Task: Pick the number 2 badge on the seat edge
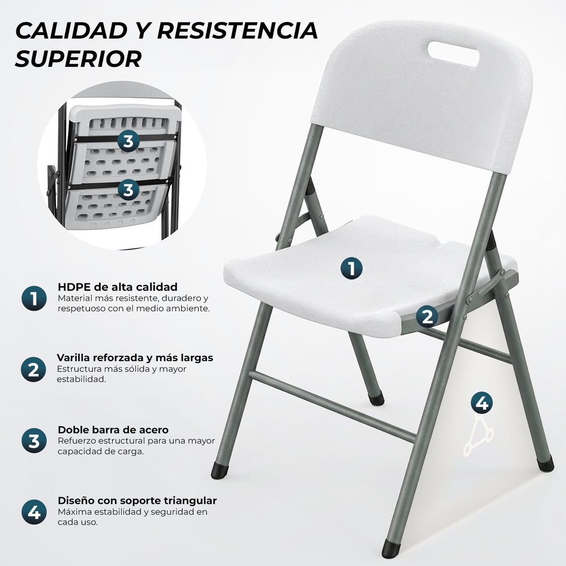pyautogui.click(x=427, y=316)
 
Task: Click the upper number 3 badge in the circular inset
pyautogui.click(x=128, y=141)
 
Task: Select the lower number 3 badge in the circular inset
pyautogui.click(x=128, y=189)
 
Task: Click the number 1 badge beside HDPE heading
pyautogui.click(x=34, y=298)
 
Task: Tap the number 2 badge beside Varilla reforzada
pyautogui.click(x=34, y=370)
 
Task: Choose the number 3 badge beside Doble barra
pyautogui.click(x=34, y=441)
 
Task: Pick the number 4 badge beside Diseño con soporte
pyautogui.click(x=34, y=513)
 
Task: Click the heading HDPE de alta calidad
pyautogui.click(x=117, y=286)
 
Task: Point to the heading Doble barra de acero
pyautogui.click(x=113, y=430)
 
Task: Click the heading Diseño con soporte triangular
pyautogui.click(x=137, y=501)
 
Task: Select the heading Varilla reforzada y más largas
pyautogui.click(x=135, y=358)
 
